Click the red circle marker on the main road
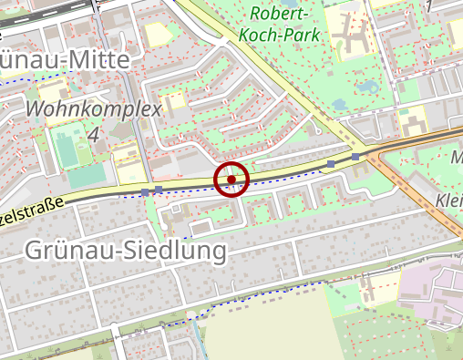click(231, 179)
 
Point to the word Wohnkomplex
click(95, 110)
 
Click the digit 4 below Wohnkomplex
click(94, 135)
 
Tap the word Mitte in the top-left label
click(100, 57)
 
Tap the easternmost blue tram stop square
click(355, 156)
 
